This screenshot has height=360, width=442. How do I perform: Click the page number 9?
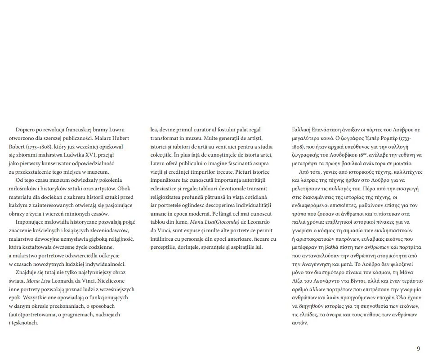tap(418, 349)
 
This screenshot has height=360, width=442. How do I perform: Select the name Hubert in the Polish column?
tap(118, 138)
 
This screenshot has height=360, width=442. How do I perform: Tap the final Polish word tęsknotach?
tap(26, 323)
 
